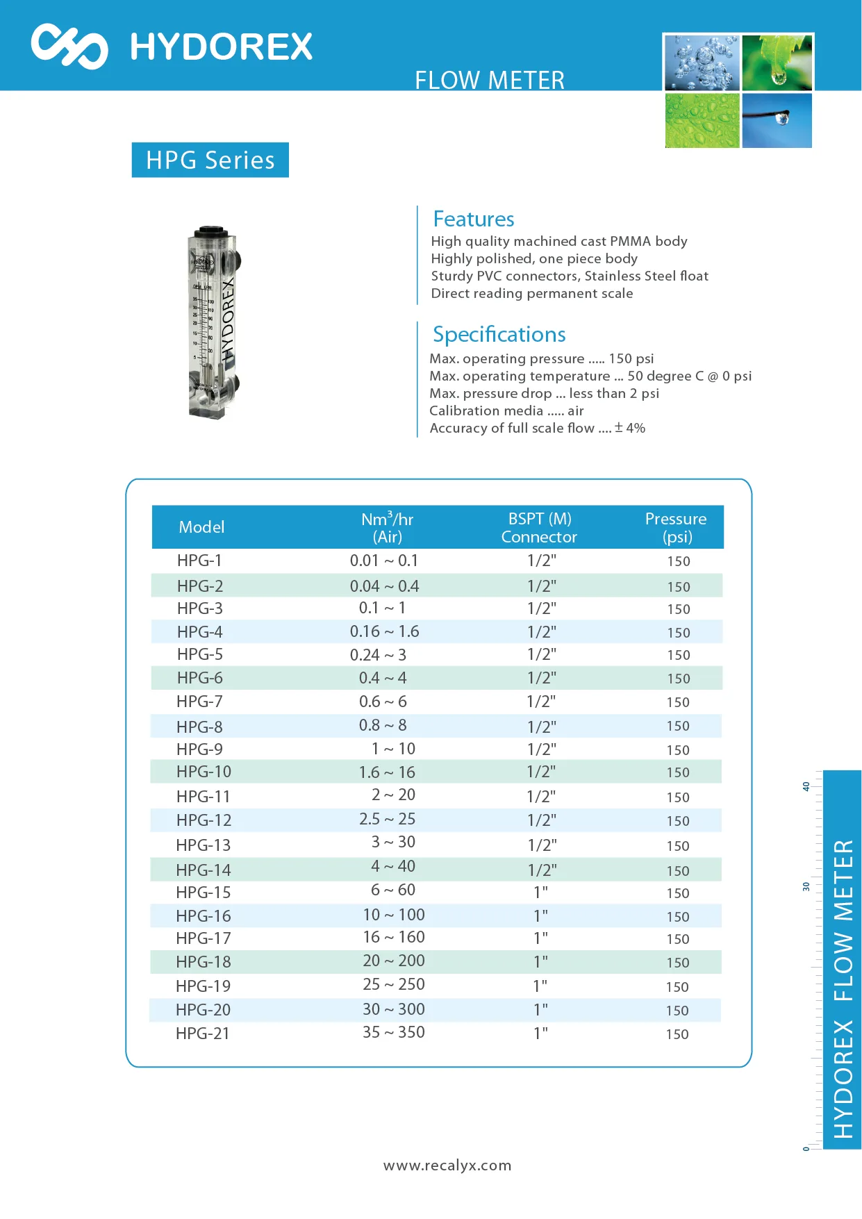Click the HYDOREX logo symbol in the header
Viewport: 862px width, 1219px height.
tap(69, 47)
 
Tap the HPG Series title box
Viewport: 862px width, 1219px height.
tap(210, 160)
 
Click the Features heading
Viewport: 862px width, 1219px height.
tap(473, 219)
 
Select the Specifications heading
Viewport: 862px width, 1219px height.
tap(499, 335)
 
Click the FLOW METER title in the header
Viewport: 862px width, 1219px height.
tap(489, 81)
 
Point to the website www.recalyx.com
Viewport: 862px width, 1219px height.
tap(447, 1166)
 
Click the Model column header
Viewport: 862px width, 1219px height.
tap(201, 527)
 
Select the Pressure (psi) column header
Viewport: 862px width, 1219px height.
tap(675, 528)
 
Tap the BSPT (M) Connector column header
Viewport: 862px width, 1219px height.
tap(539, 528)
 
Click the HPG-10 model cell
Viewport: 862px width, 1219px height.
tap(204, 772)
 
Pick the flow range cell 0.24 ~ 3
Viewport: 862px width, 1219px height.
tap(379, 655)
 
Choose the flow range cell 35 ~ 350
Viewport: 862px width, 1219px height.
tap(393, 1033)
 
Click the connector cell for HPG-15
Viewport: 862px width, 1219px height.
tap(540, 892)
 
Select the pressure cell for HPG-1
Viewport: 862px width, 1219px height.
tap(678, 561)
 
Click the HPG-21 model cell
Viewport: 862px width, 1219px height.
tap(202, 1034)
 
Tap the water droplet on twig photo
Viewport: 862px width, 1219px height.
tap(777, 121)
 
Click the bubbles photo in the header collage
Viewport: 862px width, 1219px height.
tap(702, 63)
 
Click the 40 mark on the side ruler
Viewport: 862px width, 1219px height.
tap(806, 787)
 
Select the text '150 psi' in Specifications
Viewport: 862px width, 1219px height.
tap(631, 359)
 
